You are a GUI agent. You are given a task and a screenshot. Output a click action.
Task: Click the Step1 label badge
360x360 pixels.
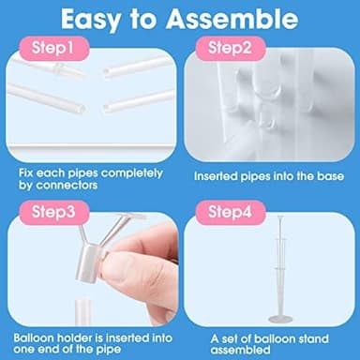click(x=48, y=47)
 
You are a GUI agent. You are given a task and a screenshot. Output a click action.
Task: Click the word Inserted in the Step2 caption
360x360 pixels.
click(x=217, y=175)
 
